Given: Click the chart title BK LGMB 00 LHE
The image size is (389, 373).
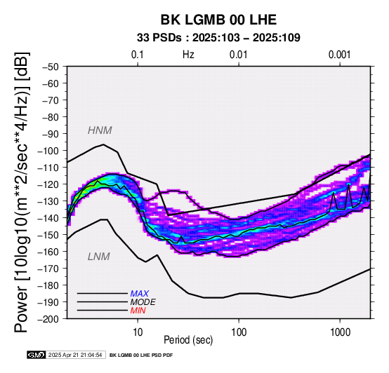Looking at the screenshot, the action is coord(218,20).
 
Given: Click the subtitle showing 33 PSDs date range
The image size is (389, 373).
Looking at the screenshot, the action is coord(218,38).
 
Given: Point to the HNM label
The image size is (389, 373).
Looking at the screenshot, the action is coord(100,130).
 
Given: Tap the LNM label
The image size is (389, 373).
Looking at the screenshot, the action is coord(99,257).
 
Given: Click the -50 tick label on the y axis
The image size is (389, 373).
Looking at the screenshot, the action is coord(51,67).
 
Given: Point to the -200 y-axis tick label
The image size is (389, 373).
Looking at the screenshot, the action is coord(48,319).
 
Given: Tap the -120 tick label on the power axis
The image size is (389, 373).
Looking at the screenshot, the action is coord(48,184).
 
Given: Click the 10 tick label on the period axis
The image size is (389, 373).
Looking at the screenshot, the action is coord(138,332).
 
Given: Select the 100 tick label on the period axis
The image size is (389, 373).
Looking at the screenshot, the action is coord(239,332).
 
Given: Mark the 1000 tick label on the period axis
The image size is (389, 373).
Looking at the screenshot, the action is coord(340,332).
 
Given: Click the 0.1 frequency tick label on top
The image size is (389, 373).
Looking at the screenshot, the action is coord(138,55).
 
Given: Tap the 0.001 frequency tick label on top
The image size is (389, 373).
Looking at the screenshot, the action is coord(340,55).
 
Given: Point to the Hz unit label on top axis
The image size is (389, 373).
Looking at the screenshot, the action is coord(188,55).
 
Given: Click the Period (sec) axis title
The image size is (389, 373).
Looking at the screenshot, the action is coord(188,340).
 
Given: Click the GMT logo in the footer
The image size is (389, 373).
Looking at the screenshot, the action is coord(37,355).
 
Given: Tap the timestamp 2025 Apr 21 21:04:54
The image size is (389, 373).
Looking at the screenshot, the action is coord(75,355).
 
